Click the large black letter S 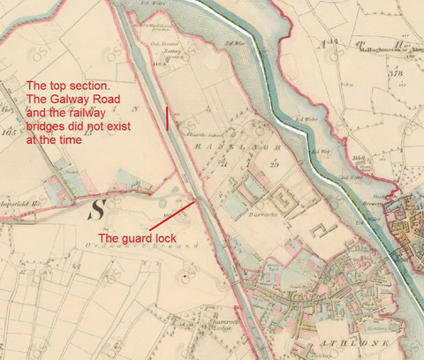point(96,209)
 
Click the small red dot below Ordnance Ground point(183,276)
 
